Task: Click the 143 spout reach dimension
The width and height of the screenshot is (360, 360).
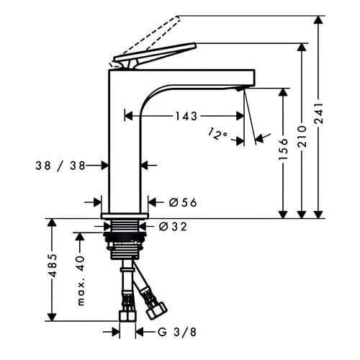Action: coord(186,116)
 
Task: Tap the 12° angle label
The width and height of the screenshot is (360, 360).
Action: coord(217,134)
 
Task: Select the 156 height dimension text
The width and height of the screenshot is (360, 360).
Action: coord(283,149)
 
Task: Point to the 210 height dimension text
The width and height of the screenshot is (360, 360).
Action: coord(302,136)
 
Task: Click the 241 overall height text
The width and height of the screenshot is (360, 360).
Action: coord(319,114)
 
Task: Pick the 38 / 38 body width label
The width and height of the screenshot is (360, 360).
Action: coord(60,166)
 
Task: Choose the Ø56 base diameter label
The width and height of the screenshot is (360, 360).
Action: coord(183,202)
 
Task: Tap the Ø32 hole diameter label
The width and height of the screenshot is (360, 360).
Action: coord(173,227)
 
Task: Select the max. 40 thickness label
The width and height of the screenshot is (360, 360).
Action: coord(81,280)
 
